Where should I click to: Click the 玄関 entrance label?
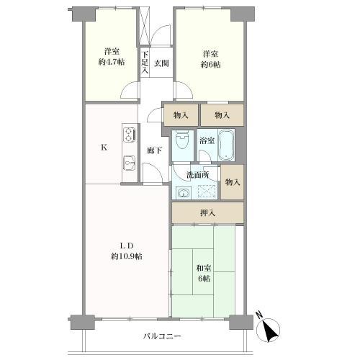coord(161,64)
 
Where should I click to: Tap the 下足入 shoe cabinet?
coord(145,62)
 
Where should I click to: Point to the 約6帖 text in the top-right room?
coord(210,64)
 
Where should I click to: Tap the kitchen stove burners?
coord(130,135)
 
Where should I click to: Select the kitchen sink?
coord(130,163)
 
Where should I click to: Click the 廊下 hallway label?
coord(153,150)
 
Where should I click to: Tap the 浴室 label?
coord(207,140)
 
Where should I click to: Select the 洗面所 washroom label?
coord(198,175)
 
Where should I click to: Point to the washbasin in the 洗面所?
coord(183,192)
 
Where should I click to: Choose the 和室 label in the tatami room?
coord(203,269)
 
